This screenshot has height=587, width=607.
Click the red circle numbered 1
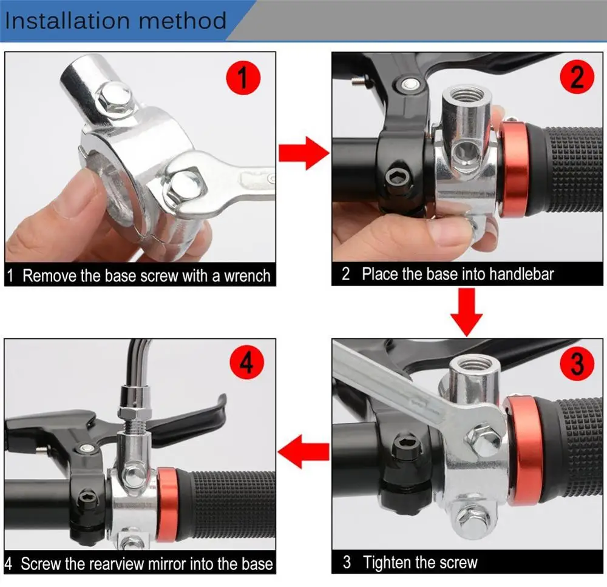pyautogui.click(x=243, y=78)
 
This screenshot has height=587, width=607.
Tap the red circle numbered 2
pyautogui.click(x=577, y=76)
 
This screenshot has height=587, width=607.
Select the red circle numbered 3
pyautogui.click(x=577, y=363)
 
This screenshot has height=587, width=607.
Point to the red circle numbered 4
pyautogui.click(x=246, y=363)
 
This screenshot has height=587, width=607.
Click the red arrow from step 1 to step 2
pyautogui.click(x=304, y=153)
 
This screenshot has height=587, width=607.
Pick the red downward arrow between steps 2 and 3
pyautogui.click(x=466, y=312)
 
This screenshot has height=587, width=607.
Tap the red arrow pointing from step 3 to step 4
pyautogui.click(x=303, y=451)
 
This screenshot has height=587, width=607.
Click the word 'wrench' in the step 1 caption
pyautogui.click(x=247, y=276)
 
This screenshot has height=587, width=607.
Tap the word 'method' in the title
pyautogui.click(x=182, y=21)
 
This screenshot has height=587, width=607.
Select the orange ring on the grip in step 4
pyautogui.click(x=166, y=504)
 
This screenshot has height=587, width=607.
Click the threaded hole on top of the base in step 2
pyautogui.click(x=467, y=95)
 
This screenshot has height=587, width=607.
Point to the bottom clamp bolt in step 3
pyautogui.click(x=473, y=517)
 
